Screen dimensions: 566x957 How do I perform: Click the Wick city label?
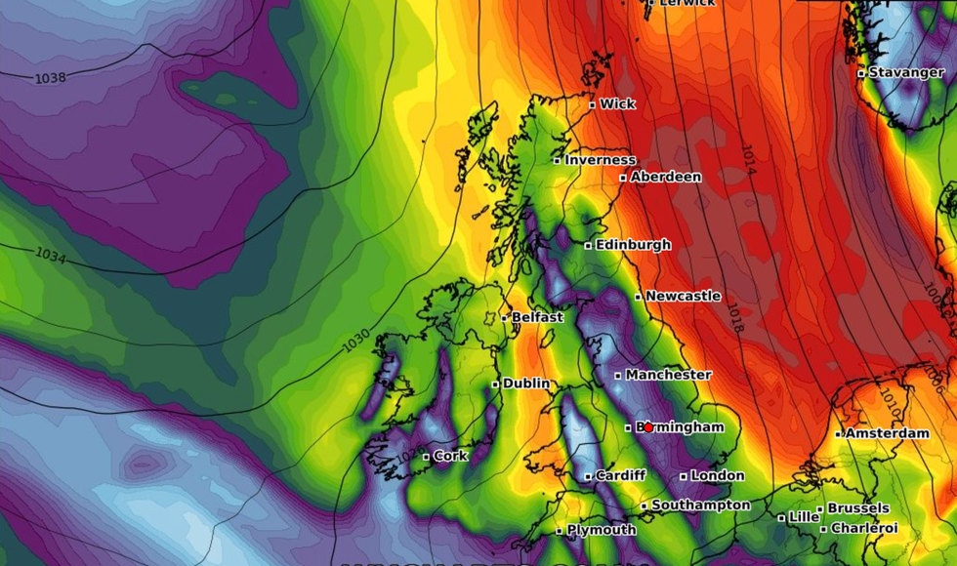[x=617, y=104]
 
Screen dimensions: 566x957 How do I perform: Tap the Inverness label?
[x=600, y=160]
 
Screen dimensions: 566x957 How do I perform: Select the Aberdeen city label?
[x=666, y=177]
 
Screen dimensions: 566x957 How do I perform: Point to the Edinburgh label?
[x=633, y=245]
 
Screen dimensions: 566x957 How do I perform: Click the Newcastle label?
[x=683, y=296]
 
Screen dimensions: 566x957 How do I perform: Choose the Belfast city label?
[x=537, y=317]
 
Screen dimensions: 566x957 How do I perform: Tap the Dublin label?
[x=526, y=384]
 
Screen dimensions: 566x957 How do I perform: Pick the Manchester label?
[x=668, y=375]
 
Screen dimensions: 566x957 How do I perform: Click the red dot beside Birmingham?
[x=647, y=427]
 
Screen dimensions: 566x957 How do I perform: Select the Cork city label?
[x=450, y=456]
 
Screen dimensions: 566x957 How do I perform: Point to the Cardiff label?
[x=620, y=475]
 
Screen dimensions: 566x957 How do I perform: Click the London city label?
[x=717, y=475]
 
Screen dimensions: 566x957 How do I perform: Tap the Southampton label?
[x=700, y=505]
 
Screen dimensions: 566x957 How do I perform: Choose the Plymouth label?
[x=602, y=530]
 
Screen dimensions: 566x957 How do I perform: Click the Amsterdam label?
[x=887, y=433]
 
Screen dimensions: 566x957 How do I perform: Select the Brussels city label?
[x=858, y=508]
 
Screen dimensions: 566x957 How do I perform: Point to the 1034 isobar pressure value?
[x=51, y=255]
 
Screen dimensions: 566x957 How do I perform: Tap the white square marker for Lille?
[x=781, y=517]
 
